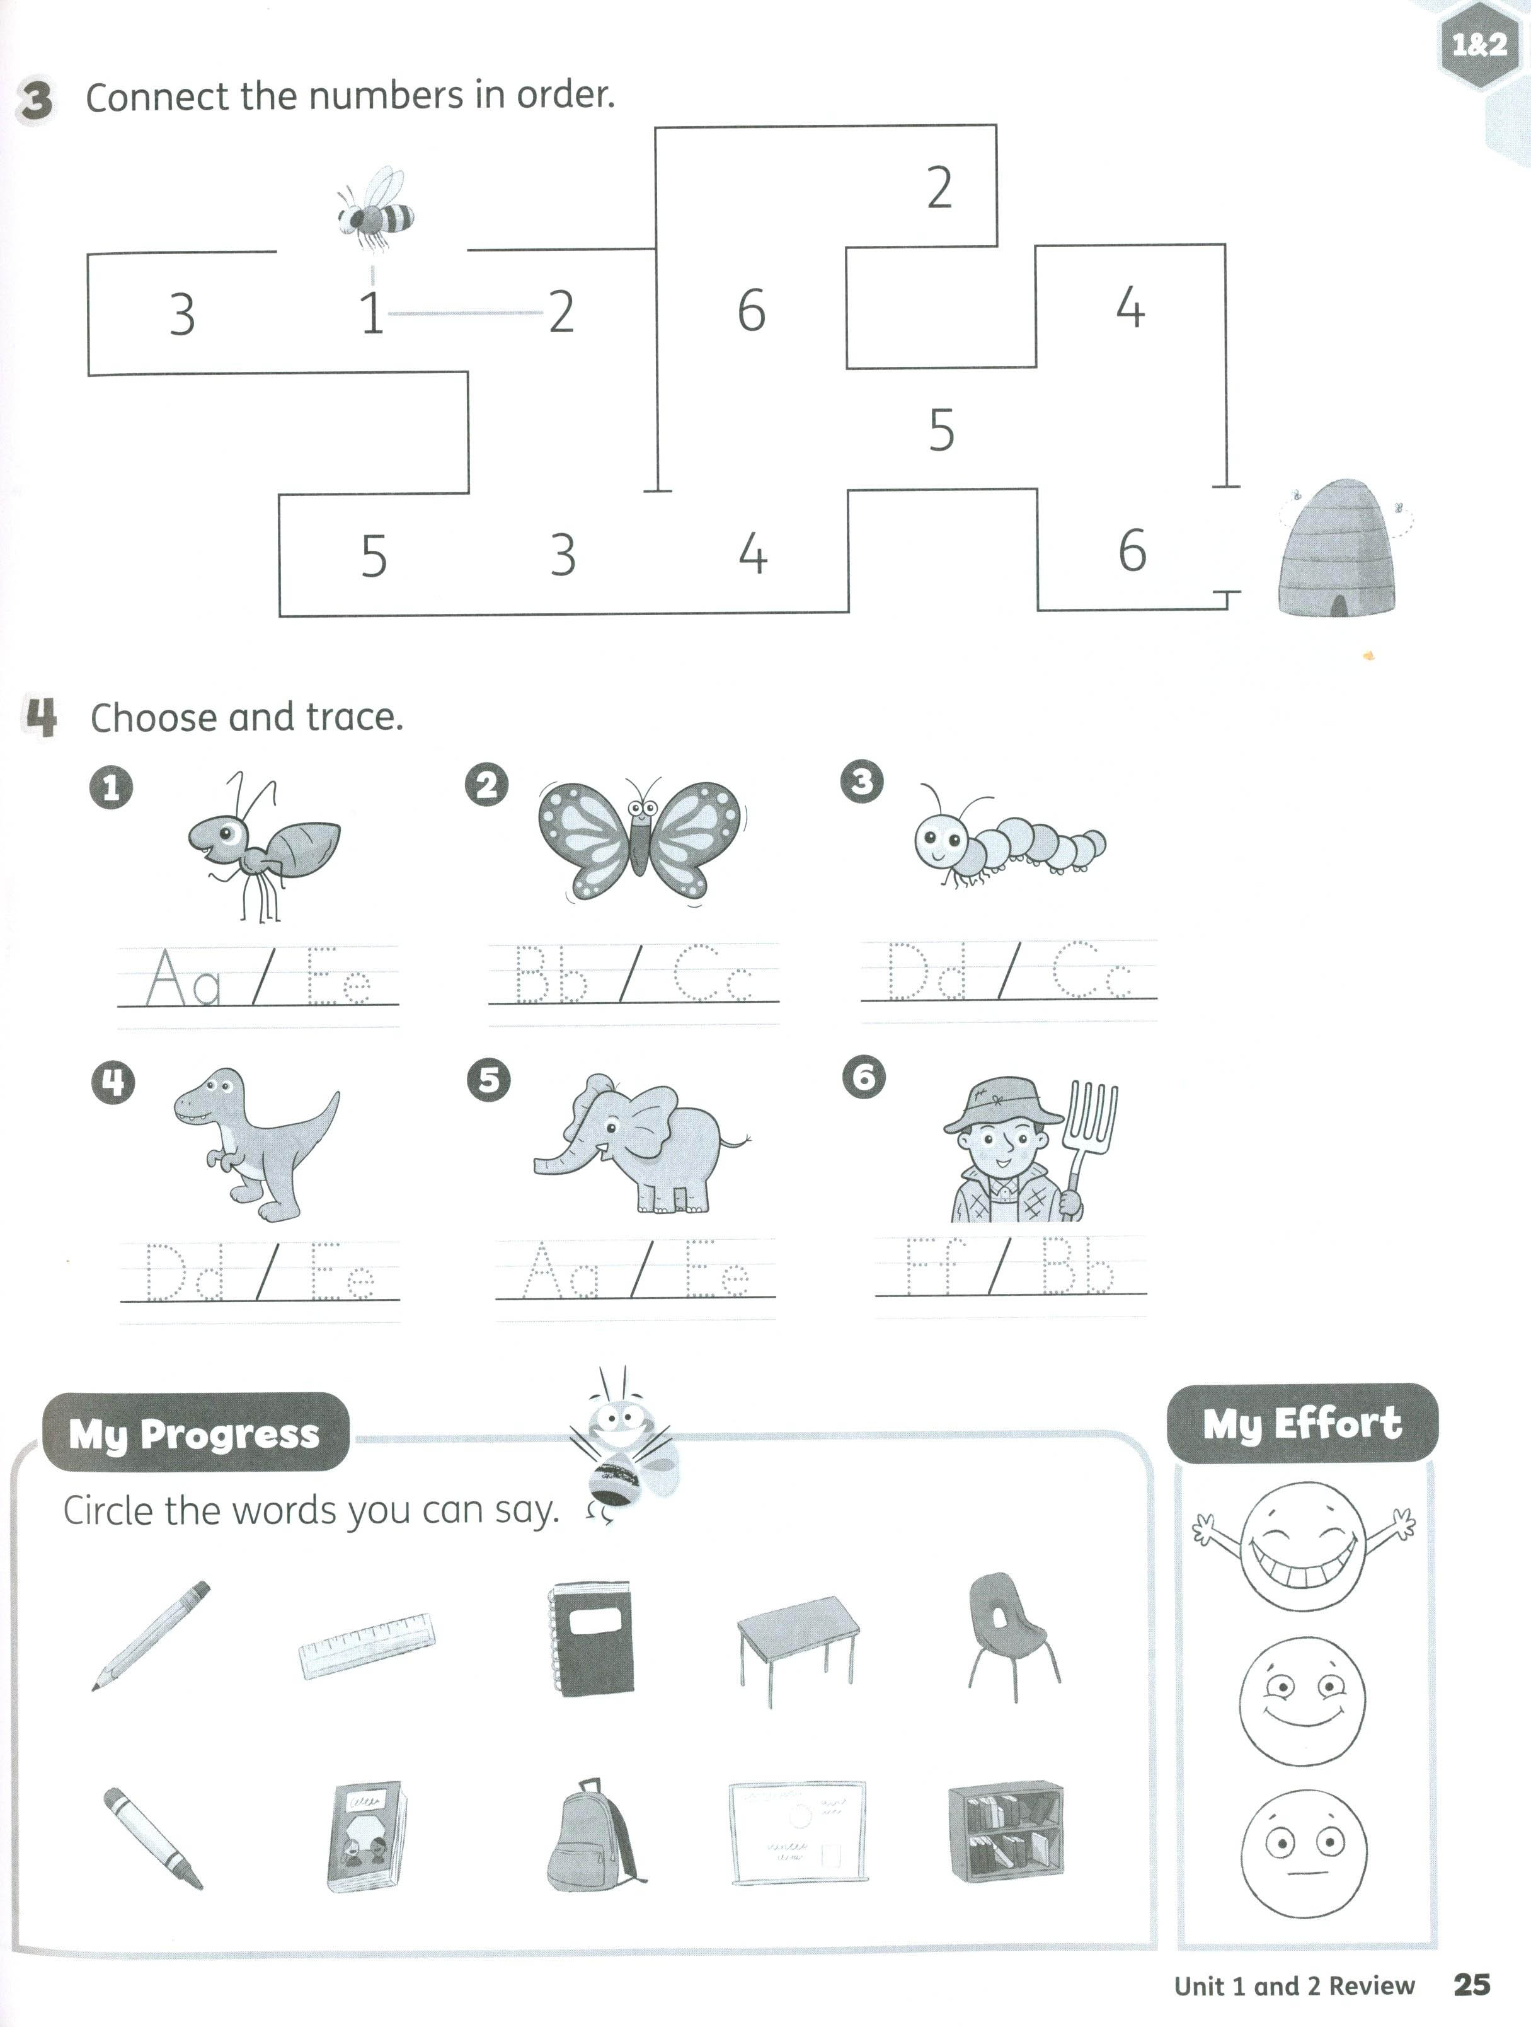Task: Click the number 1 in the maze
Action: click(371, 313)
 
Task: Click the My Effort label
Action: click(1302, 1423)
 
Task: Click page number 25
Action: click(1471, 1984)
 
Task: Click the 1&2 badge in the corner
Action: click(1479, 44)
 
